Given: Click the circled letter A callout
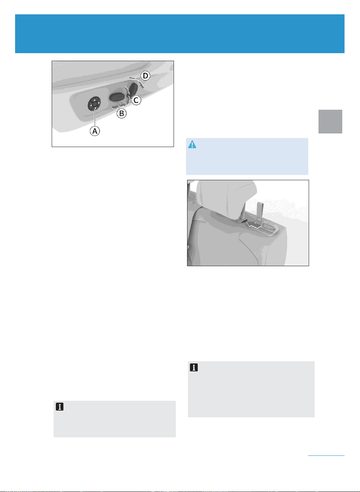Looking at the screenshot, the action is point(95,131).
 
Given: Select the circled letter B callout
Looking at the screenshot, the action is point(122,113).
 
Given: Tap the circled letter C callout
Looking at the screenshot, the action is point(136,100).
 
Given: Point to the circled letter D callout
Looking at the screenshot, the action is point(146,76).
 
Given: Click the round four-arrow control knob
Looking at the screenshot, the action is point(94,103).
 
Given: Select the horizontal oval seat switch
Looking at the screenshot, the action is point(118,97).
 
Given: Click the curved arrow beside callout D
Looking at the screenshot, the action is point(137,82).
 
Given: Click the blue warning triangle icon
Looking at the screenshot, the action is point(192,144).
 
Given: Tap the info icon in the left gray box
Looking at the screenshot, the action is point(60,406).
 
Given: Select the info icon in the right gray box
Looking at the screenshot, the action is point(194,367).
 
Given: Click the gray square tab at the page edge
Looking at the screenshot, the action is point(330,121).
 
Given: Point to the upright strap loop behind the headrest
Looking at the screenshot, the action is point(260,211).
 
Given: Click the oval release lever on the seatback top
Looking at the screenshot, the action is point(268,226).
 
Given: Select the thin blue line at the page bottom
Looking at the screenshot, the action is point(326,455).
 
